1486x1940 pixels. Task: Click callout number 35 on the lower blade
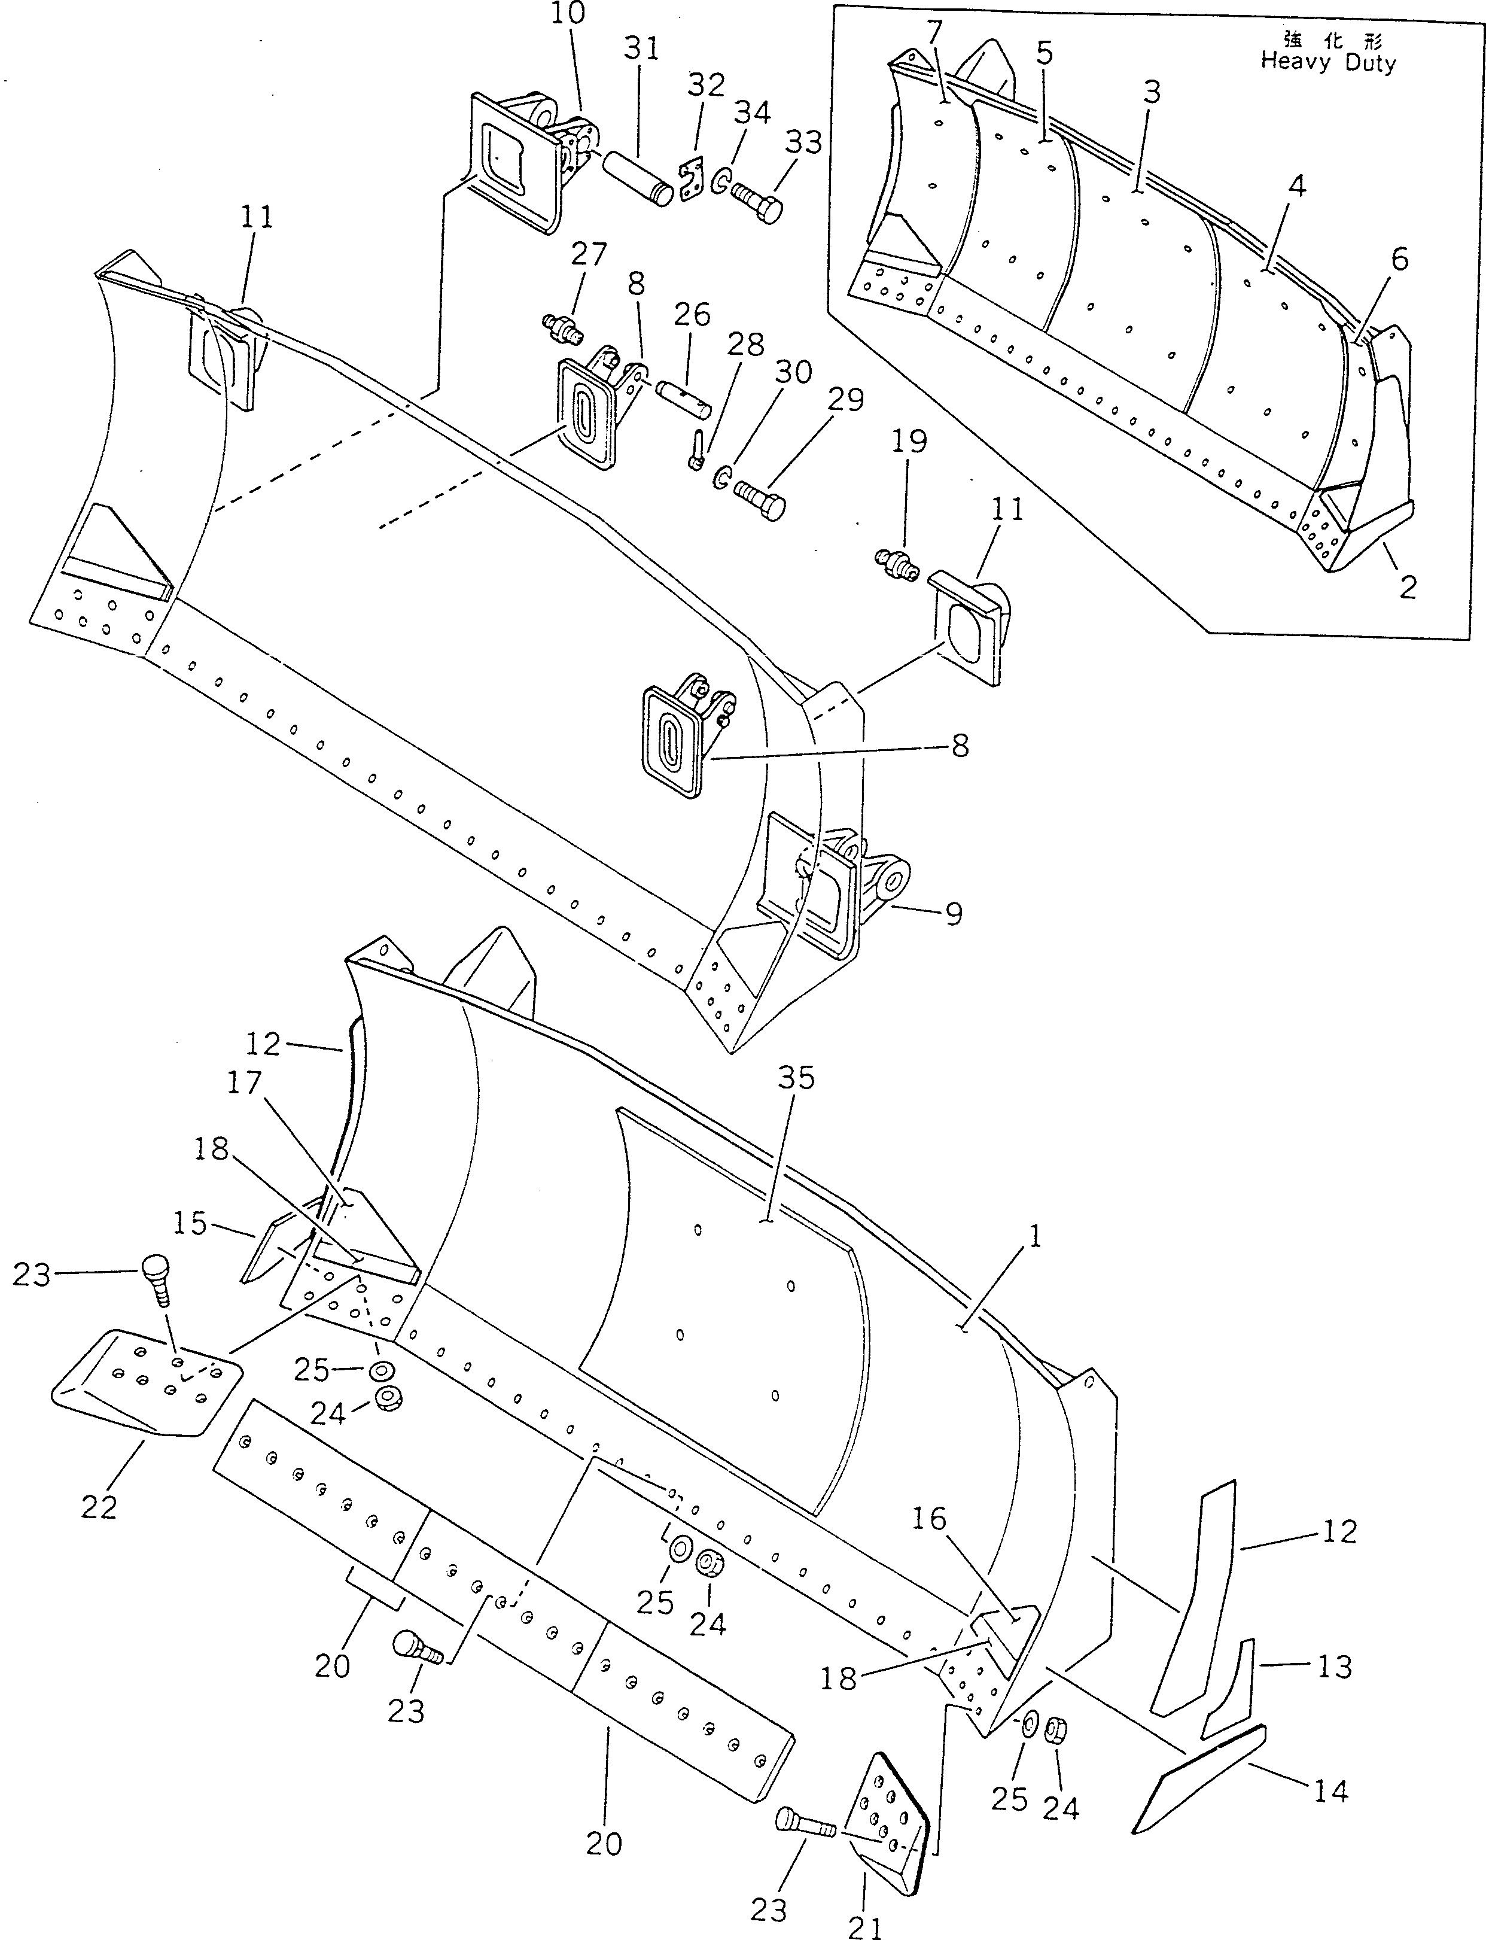[796, 1078]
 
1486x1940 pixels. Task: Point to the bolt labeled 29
[761, 500]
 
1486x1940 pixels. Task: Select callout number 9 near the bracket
[954, 914]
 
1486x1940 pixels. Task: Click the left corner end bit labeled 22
[146, 1385]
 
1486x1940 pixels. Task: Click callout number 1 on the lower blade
[1035, 1236]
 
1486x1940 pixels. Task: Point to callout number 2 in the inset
[1408, 586]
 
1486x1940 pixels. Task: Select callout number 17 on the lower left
[245, 1082]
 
